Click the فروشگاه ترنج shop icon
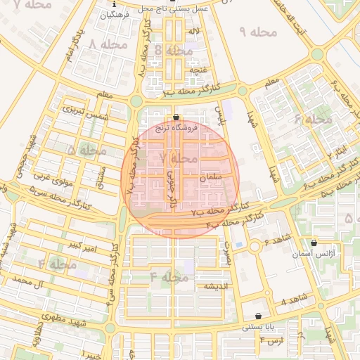(x=175, y=117)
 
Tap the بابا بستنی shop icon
(x=259, y=316)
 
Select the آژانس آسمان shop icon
(x=314, y=243)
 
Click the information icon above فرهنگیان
(x=115, y=4)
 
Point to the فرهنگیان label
(x=115, y=14)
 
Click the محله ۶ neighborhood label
(x=314, y=119)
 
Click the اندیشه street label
(x=215, y=286)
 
